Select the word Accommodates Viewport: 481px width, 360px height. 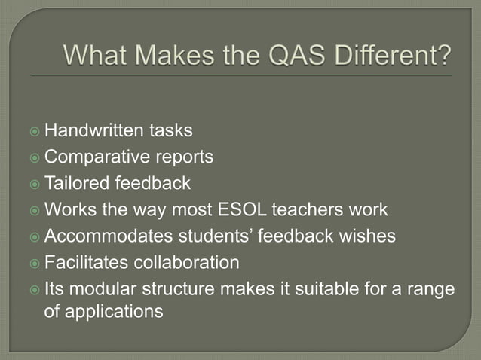[109, 236]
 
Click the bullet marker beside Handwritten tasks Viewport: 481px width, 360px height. [35, 132]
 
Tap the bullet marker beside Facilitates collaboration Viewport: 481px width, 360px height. [35, 264]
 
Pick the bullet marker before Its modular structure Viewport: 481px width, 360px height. [35, 290]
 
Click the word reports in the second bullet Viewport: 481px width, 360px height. [185, 158]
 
